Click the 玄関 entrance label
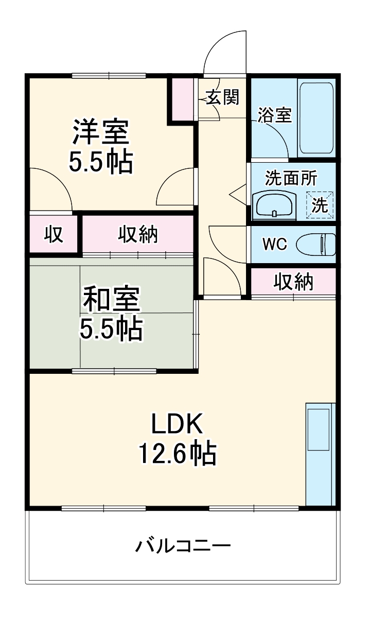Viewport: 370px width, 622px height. click(223, 97)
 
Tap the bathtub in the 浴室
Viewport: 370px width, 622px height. click(316, 117)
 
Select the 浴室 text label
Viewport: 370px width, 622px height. click(275, 115)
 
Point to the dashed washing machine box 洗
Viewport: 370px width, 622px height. click(320, 205)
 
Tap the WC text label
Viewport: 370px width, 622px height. click(275, 244)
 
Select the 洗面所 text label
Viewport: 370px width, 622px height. click(291, 178)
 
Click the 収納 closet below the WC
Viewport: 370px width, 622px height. click(293, 281)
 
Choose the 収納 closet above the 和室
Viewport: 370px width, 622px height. click(138, 235)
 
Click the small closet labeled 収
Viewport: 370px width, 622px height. click(53, 235)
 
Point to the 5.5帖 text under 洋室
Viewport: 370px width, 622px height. click(101, 162)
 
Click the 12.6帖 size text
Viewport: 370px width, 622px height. click(177, 454)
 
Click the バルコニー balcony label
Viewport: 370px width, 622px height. click(183, 545)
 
